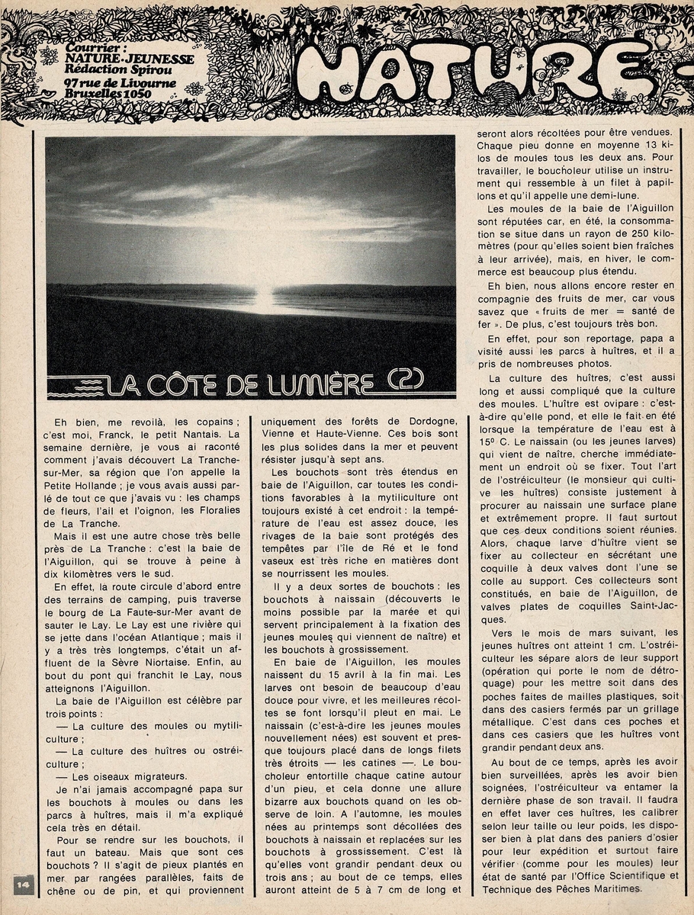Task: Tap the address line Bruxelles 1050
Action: (x=108, y=94)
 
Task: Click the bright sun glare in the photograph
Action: (x=263, y=294)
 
